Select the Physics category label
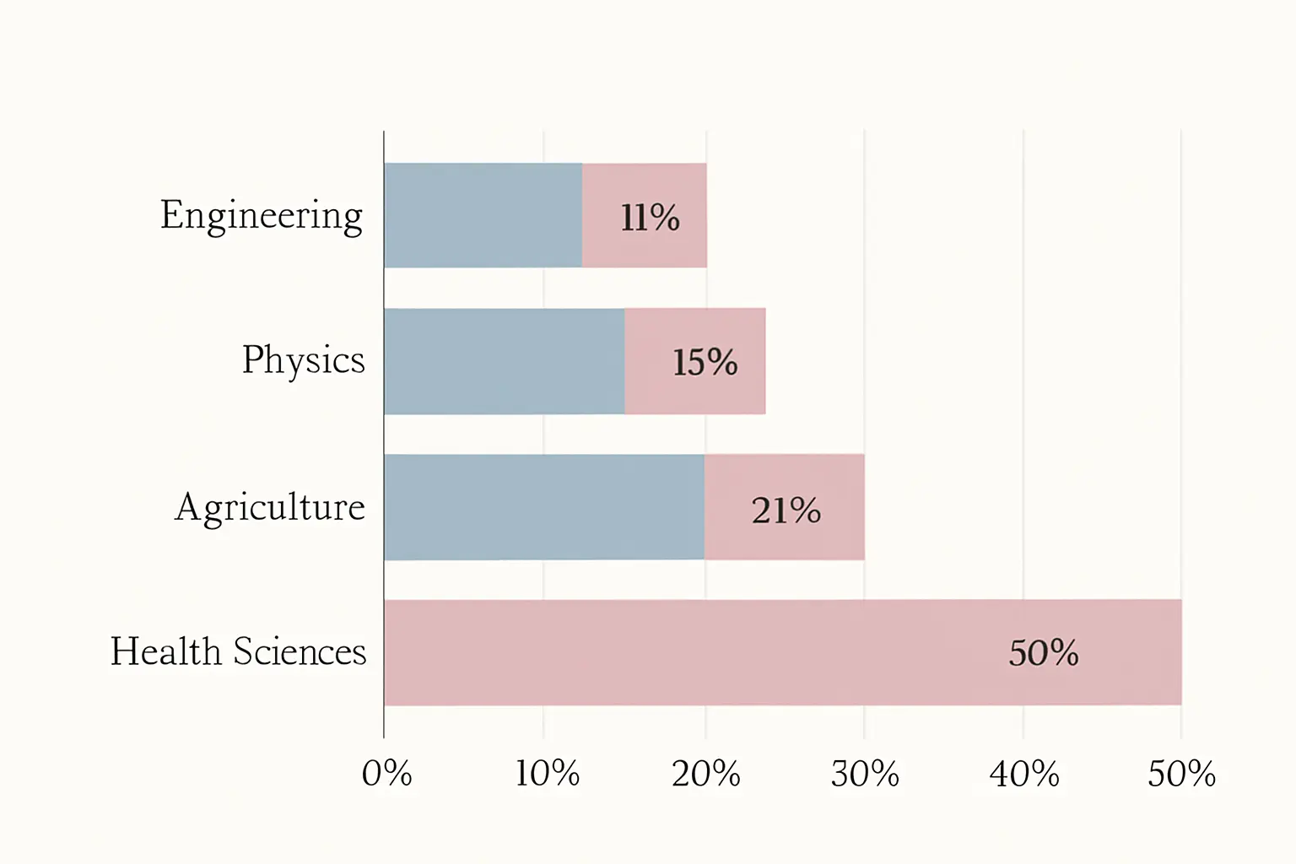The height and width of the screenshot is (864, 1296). pyautogui.click(x=304, y=361)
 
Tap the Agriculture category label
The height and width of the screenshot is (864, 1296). pyautogui.click(x=270, y=508)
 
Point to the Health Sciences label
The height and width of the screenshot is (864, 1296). pyautogui.click(x=239, y=651)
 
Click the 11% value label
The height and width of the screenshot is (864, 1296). pyautogui.click(x=650, y=219)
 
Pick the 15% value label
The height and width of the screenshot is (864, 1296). pyautogui.click(x=705, y=363)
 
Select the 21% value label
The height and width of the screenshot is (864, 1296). pyautogui.click(x=786, y=510)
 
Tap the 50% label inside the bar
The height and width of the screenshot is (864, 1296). pyautogui.click(x=1044, y=653)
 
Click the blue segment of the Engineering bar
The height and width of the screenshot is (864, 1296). pyautogui.click(x=483, y=215)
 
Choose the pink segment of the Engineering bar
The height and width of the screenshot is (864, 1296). pyautogui.click(x=645, y=215)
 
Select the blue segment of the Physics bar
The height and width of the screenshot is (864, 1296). pyautogui.click(x=505, y=361)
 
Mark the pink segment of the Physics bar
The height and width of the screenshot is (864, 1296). pyautogui.click(x=695, y=361)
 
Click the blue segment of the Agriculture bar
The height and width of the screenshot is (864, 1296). pyautogui.click(x=544, y=507)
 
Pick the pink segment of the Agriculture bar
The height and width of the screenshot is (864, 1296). pyautogui.click(x=785, y=507)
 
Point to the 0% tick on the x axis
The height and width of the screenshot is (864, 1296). pyautogui.click(x=386, y=774)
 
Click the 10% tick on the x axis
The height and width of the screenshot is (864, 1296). pyautogui.click(x=548, y=774)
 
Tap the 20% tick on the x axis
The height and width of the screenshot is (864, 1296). pyautogui.click(x=706, y=774)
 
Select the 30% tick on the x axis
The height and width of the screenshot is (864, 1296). pyautogui.click(x=865, y=774)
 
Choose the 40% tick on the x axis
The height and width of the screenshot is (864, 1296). pyautogui.click(x=1024, y=774)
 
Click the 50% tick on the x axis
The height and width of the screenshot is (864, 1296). pyautogui.click(x=1181, y=774)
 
